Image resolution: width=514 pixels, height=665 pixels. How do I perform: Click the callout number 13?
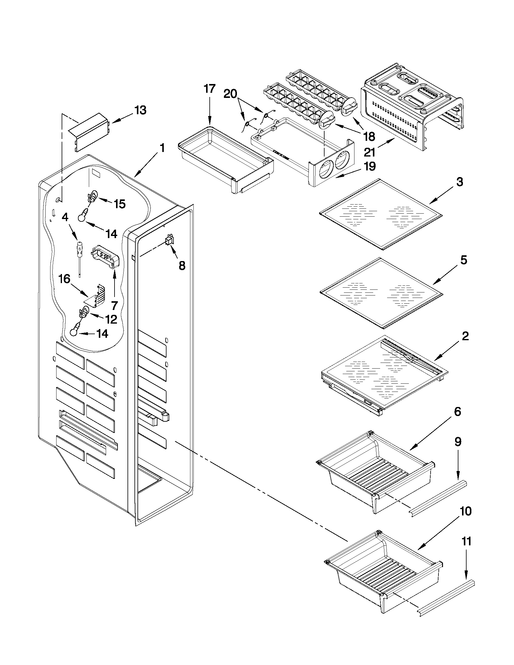coord(141,110)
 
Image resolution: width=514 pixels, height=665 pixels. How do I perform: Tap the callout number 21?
coord(369,152)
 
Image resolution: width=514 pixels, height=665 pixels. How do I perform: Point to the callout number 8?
coord(182,266)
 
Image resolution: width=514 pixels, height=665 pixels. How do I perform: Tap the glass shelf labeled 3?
coord(381,214)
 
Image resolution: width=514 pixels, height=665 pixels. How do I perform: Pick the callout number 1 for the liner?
coord(162,148)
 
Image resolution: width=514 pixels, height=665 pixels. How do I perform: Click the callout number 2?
coord(465,336)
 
